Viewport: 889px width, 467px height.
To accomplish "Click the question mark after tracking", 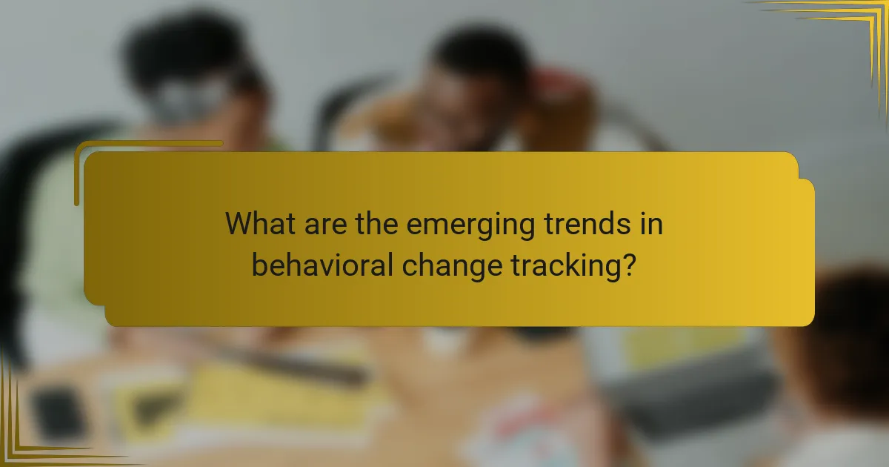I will pyautogui.click(x=628, y=265).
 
